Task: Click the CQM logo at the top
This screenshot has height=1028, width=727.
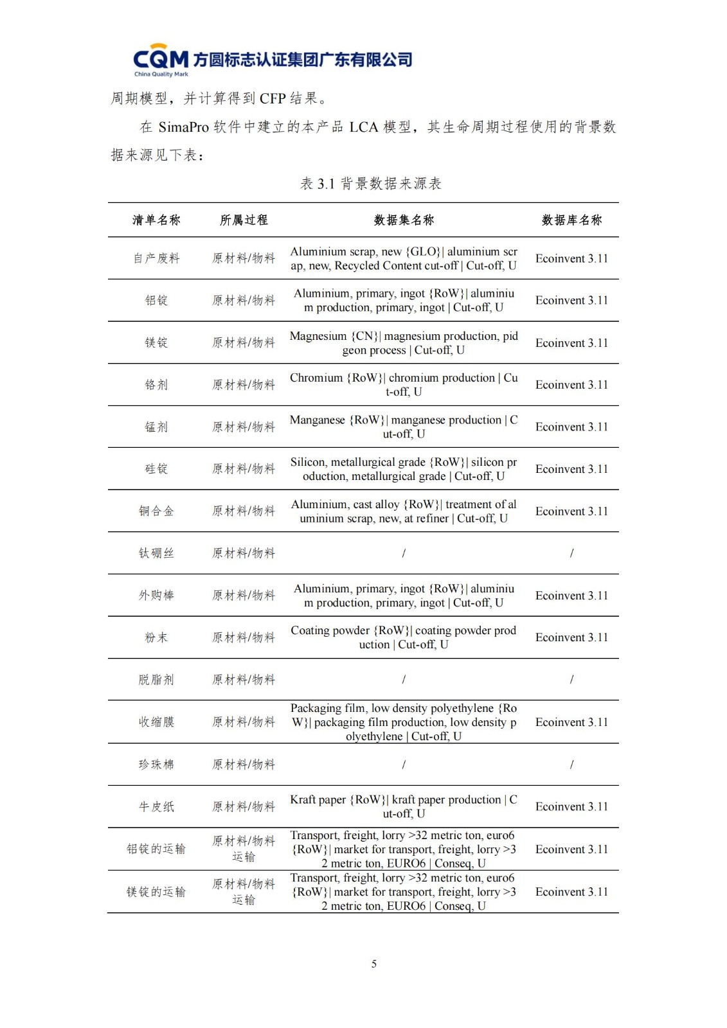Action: [x=161, y=60]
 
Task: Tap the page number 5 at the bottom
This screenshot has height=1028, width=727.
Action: [x=374, y=963]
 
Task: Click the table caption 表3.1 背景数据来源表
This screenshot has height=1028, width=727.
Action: [x=371, y=184]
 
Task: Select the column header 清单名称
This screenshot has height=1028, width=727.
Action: [x=156, y=220]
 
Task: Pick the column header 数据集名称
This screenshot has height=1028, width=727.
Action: [x=404, y=220]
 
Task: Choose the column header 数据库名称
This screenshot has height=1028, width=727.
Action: [x=571, y=220]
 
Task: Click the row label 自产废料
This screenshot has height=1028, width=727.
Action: [x=156, y=258]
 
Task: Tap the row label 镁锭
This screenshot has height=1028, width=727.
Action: [x=156, y=342]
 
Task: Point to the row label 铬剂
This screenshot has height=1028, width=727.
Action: [x=156, y=385]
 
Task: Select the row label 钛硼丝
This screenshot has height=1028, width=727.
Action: [x=156, y=553]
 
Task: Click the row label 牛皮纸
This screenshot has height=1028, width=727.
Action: [x=156, y=806]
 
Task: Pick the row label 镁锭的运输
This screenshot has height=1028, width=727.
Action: [x=156, y=892]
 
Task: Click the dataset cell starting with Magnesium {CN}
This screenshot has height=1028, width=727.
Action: [x=404, y=342]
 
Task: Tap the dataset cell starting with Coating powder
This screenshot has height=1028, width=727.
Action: [x=404, y=637]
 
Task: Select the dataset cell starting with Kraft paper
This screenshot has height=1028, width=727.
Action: [x=404, y=806]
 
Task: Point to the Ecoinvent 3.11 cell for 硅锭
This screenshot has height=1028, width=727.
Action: [x=571, y=469]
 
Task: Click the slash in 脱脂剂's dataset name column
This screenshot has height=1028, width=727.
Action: [x=404, y=679]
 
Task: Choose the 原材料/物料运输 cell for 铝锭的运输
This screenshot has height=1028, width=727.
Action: [x=244, y=849]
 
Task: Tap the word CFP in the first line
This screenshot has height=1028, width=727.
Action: [x=273, y=98]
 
